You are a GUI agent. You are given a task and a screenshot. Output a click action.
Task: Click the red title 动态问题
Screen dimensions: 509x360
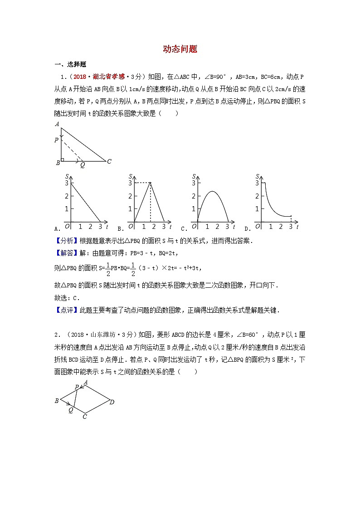[180, 49]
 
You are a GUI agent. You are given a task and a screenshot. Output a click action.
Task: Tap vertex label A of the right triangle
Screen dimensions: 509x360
[57, 124]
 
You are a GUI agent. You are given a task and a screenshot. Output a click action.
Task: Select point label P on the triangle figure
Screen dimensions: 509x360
[57, 141]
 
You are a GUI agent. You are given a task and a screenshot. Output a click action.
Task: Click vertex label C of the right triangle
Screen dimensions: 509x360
[109, 161]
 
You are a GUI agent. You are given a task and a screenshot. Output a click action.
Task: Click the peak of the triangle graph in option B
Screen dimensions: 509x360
[150, 183]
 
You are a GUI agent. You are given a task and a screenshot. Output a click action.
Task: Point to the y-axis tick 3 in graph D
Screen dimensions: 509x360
[257, 183]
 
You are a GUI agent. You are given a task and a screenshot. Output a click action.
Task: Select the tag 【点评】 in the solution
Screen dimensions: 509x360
[66, 310]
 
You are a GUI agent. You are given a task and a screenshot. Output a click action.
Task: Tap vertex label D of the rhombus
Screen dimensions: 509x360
[112, 402]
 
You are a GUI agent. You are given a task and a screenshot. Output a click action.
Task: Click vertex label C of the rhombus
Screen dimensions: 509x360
[85, 417]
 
